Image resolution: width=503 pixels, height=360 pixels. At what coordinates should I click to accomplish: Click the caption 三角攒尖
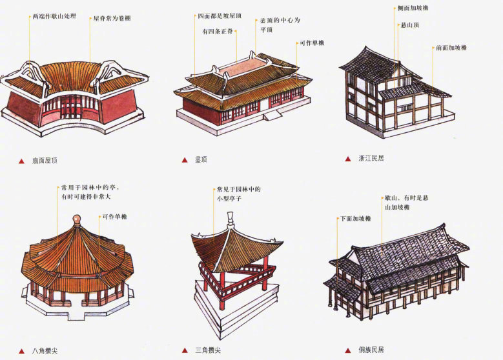tap(210, 350)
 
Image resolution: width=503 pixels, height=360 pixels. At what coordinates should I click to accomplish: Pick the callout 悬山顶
tap(409, 26)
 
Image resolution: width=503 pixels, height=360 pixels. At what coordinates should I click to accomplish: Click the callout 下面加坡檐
tap(355, 219)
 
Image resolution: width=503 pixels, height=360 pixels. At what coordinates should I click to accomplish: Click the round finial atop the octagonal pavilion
tap(77, 219)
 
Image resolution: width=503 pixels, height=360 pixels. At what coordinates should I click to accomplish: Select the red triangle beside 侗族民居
tap(348, 350)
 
